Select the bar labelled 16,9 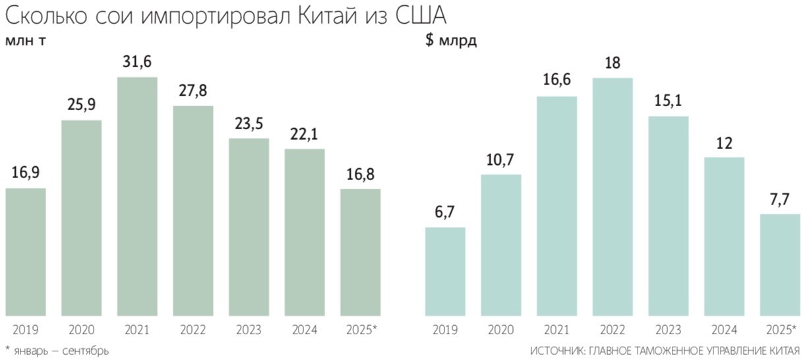[x=26, y=251]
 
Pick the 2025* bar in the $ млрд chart [x=780, y=264]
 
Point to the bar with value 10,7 [x=501, y=244]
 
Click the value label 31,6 [x=137, y=63]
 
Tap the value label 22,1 [x=305, y=135]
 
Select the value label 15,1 [x=669, y=102]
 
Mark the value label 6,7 [x=445, y=212]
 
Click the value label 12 [x=724, y=142]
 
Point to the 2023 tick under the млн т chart [x=249, y=330]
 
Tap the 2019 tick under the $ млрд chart [x=445, y=330]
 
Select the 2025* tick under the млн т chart [x=361, y=330]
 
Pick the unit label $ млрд [x=451, y=41]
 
